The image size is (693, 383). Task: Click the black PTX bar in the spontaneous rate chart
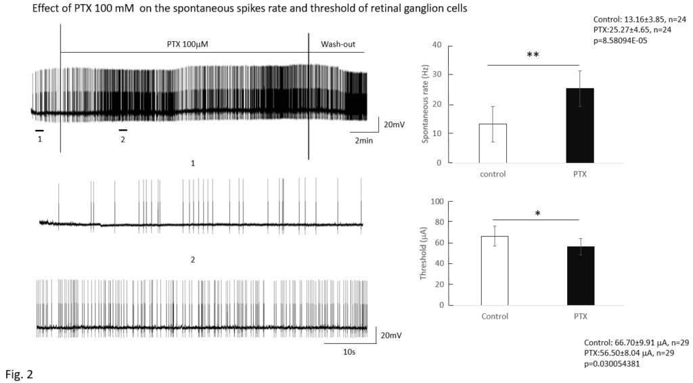click(579, 126)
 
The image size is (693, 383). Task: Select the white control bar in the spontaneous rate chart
click(492, 143)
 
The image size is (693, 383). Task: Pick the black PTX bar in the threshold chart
click(581, 275)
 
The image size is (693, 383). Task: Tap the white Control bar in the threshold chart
click(495, 271)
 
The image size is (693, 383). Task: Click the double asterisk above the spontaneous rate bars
click(533, 55)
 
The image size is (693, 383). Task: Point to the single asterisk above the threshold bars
click(537, 215)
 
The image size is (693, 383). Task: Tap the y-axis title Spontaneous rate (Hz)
click(426, 104)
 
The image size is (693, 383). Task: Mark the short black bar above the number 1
click(40, 129)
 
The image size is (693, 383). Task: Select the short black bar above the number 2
click(123, 129)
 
